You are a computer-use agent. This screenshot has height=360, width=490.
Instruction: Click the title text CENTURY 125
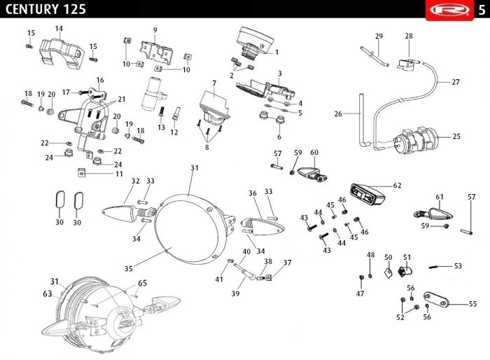pos(45,9)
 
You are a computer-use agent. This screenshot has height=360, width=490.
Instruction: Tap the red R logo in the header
pos(449,10)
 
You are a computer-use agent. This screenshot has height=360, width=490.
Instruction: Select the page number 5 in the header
pos(482,10)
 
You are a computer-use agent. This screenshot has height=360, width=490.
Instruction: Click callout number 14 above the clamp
pos(59,29)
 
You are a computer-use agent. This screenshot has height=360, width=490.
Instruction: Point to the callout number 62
pos(397,186)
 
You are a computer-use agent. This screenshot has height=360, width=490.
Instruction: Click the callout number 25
pos(456,137)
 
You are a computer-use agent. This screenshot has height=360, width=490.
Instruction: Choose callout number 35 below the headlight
pos(128,268)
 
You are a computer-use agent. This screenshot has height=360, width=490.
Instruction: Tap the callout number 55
pos(472,304)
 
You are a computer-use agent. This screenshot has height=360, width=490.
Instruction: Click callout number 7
pos(214,83)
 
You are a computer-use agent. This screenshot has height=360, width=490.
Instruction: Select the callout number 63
pos(48,293)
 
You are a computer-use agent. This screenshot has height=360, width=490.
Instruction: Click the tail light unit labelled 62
pos(367,195)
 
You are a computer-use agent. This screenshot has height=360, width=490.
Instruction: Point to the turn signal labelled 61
pos(433,214)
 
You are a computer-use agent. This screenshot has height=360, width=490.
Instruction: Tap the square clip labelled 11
pos(81,172)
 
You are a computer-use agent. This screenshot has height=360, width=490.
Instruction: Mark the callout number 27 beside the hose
pos(456,82)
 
